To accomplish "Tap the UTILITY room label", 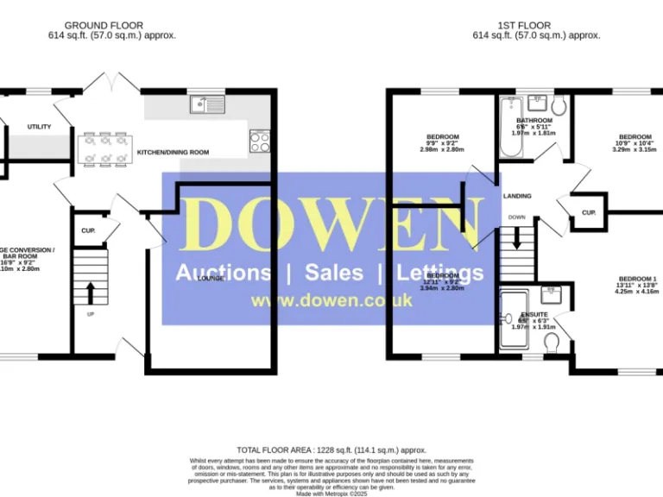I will coord(39,127).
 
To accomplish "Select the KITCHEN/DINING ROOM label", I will coord(173,153).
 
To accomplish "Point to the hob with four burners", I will coord(259,140).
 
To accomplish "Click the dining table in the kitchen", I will coord(104,148).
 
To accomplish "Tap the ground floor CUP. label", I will coord(87,230).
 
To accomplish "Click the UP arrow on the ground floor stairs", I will coord(90,293).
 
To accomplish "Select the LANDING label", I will coord(516,196).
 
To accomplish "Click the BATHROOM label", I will coord(534,121).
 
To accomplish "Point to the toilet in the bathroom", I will coord(559,106).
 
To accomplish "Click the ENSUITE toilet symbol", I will coord(552,344).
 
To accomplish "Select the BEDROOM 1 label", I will coord(637,278).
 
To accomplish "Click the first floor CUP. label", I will coord(588,212).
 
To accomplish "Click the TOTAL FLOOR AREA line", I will coord(331,450).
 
